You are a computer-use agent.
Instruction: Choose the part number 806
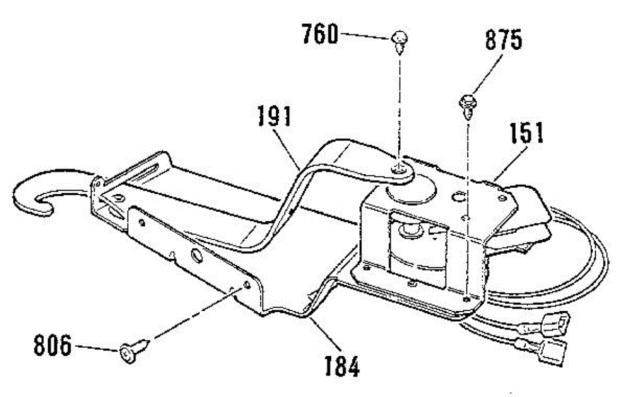[x=52, y=347]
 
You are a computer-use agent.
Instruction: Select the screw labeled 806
[x=130, y=351]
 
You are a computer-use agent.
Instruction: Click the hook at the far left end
[x=32, y=196]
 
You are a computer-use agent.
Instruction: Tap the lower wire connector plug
[x=553, y=351]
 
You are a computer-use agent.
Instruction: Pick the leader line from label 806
[x=95, y=348]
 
